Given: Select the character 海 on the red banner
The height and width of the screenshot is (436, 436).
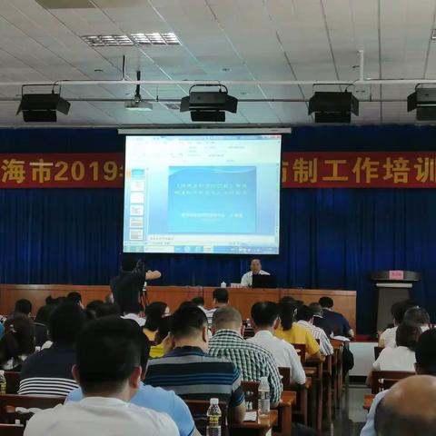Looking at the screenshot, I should pos(14,171).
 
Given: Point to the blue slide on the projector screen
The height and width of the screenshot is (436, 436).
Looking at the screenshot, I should pos(212,199).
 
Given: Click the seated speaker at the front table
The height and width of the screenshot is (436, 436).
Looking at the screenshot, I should pos(254,272).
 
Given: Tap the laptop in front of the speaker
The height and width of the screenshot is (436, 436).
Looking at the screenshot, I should pos(264,282).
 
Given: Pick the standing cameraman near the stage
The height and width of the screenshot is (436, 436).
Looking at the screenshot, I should pos(129,283).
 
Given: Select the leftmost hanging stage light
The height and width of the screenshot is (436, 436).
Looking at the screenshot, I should pos(42,105).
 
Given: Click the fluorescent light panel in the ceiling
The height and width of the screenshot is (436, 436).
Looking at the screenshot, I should pos(131,39).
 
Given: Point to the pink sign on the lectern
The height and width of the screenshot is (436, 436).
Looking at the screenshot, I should pos(395,274).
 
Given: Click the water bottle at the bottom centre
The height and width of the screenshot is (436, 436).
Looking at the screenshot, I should pos(213,417).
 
